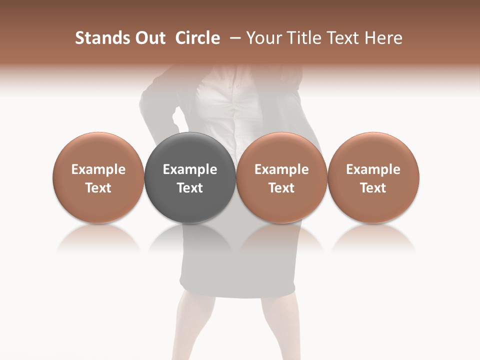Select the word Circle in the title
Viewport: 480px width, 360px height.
197,38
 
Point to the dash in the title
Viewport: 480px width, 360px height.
233,38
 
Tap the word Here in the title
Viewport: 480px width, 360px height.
384,38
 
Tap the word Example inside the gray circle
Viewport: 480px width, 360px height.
190,169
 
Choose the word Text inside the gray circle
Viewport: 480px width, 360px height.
190,188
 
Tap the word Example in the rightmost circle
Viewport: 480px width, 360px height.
373,169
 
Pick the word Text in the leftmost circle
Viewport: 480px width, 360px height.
98,188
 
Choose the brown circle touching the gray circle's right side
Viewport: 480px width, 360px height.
281,150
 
